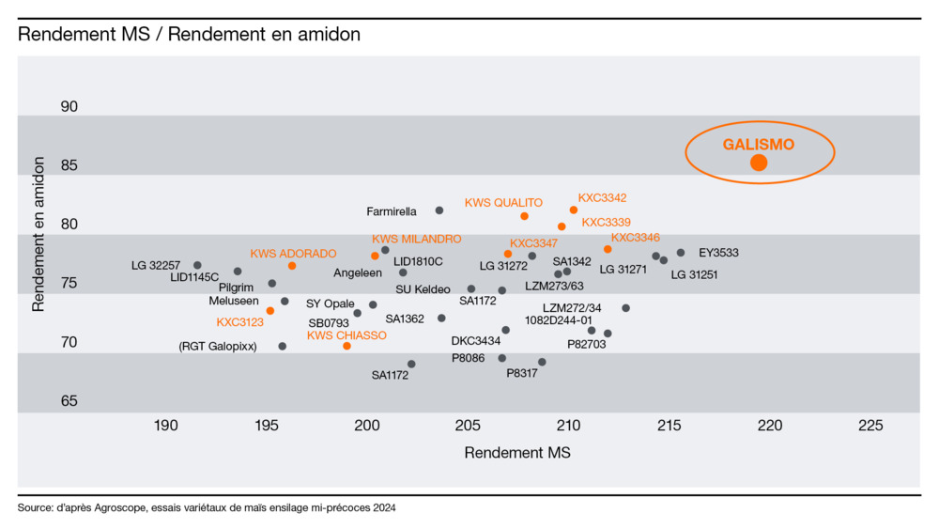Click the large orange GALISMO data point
tap(759, 163)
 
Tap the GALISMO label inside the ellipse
tap(758, 145)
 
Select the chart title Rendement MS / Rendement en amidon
tap(189, 35)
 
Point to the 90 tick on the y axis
tap(69, 107)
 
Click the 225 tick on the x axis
tap(870, 426)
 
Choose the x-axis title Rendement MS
tap(517, 453)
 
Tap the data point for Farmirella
tap(439, 210)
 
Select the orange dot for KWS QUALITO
tap(524, 216)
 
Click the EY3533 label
tap(718, 253)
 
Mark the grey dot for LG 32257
tap(197, 265)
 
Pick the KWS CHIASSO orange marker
tap(346, 346)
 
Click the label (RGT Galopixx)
tap(217, 347)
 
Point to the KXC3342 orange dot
tap(574, 210)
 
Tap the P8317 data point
tap(542, 362)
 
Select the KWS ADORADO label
tap(293, 254)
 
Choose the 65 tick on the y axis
tap(69, 401)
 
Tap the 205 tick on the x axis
tap(467, 426)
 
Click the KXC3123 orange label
tap(240, 322)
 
